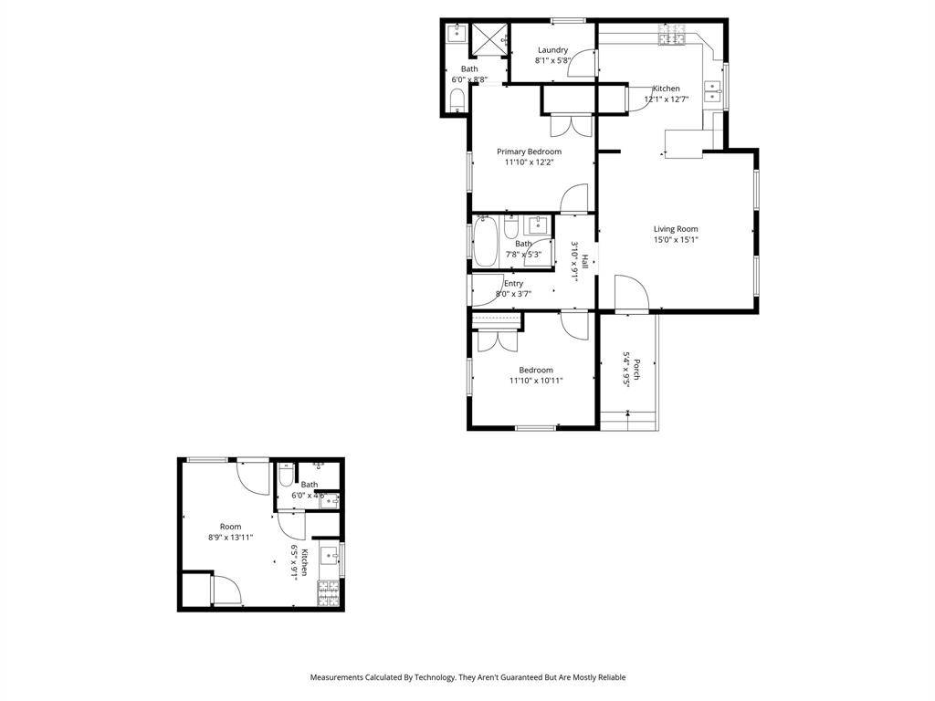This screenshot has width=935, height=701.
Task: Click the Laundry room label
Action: [552, 50]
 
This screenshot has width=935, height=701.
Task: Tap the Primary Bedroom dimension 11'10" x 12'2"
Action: [529, 162]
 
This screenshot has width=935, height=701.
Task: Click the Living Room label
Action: [676, 229]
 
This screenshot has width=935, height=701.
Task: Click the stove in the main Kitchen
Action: [672, 37]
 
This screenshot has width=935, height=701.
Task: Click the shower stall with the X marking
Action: [492, 38]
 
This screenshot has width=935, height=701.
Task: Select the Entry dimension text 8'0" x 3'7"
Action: [513, 294]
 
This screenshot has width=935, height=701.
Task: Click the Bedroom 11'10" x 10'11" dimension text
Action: [536, 381]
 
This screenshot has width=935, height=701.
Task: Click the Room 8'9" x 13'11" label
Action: [230, 527]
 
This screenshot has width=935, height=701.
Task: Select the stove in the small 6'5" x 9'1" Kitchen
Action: [329, 594]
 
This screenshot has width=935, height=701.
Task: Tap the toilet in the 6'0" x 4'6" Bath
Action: [286, 477]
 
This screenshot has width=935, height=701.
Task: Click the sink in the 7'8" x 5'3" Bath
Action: [538, 225]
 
